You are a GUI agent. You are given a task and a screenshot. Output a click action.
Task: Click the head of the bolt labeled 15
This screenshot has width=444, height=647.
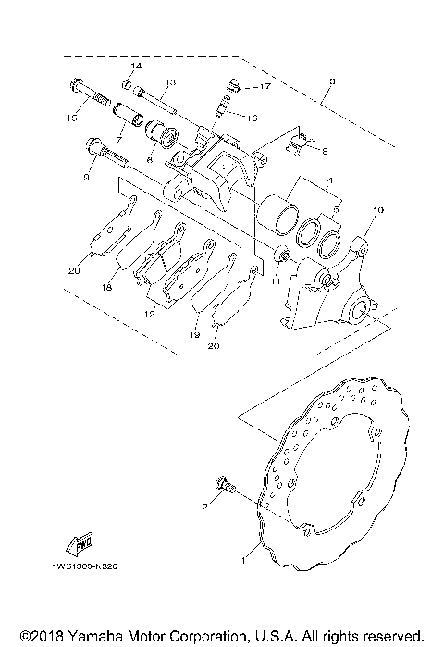pyautogui.click(x=76, y=91)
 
